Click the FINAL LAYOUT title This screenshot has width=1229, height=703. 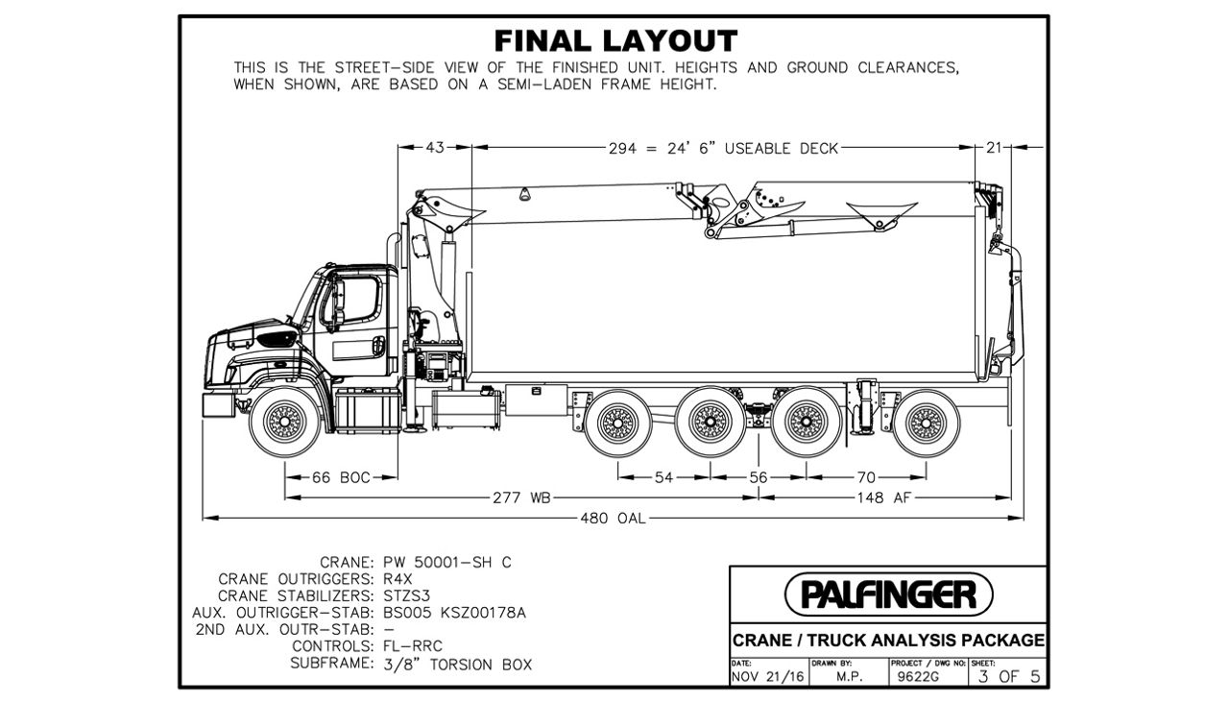click(x=615, y=41)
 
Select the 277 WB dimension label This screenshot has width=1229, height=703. click(x=520, y=497)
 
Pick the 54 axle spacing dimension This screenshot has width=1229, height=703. click(x=663, y=477)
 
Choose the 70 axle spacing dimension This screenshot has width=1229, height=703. click(x=867, y=477)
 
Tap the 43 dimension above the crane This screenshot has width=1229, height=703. click(x=436, y=148)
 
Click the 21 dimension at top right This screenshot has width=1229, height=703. click(x=994, y=148)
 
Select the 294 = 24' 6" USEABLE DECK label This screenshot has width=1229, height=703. click(x=723, y=148)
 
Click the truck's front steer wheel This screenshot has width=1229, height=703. click(x=285, y=420)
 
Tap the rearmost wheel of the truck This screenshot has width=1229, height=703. click(x=925, y=420)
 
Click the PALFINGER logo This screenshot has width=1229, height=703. click(x=888, y=594)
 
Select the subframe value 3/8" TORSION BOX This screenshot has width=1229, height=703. click(x=457, y=664)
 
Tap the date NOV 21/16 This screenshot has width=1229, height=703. click(x=767, y=677)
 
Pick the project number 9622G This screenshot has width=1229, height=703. click(x=913, y=677)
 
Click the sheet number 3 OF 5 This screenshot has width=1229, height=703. click(x=1005, y=676)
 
